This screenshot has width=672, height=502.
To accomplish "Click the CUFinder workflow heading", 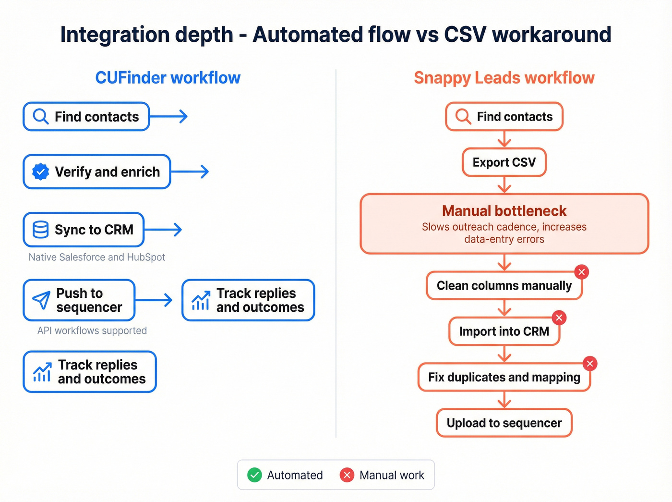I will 168,78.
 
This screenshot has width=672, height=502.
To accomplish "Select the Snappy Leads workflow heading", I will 504,78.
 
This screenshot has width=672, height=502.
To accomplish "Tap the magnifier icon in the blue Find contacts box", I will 40,116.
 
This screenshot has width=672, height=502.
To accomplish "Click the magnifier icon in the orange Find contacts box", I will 463,116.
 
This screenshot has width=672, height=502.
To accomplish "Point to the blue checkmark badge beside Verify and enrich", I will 40,171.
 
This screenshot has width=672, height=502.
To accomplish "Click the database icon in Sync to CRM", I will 40,230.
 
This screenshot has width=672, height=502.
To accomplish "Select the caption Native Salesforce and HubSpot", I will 96,257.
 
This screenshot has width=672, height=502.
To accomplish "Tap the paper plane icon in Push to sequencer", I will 41,300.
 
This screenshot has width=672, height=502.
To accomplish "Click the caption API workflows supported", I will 92,331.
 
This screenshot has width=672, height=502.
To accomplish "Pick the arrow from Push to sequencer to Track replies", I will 155,300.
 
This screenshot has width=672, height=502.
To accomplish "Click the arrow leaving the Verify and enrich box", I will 190,171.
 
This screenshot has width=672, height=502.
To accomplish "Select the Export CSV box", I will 504,162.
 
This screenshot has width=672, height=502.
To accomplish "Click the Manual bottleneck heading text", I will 504,211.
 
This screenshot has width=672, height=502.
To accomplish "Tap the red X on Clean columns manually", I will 581,272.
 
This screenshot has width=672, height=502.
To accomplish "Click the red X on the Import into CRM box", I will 559,318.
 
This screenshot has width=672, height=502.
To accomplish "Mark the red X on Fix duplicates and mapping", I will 590,364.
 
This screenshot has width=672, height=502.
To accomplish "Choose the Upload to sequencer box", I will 504,423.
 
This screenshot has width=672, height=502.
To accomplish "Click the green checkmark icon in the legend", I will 254,475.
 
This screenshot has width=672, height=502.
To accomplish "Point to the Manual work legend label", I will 392,475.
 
